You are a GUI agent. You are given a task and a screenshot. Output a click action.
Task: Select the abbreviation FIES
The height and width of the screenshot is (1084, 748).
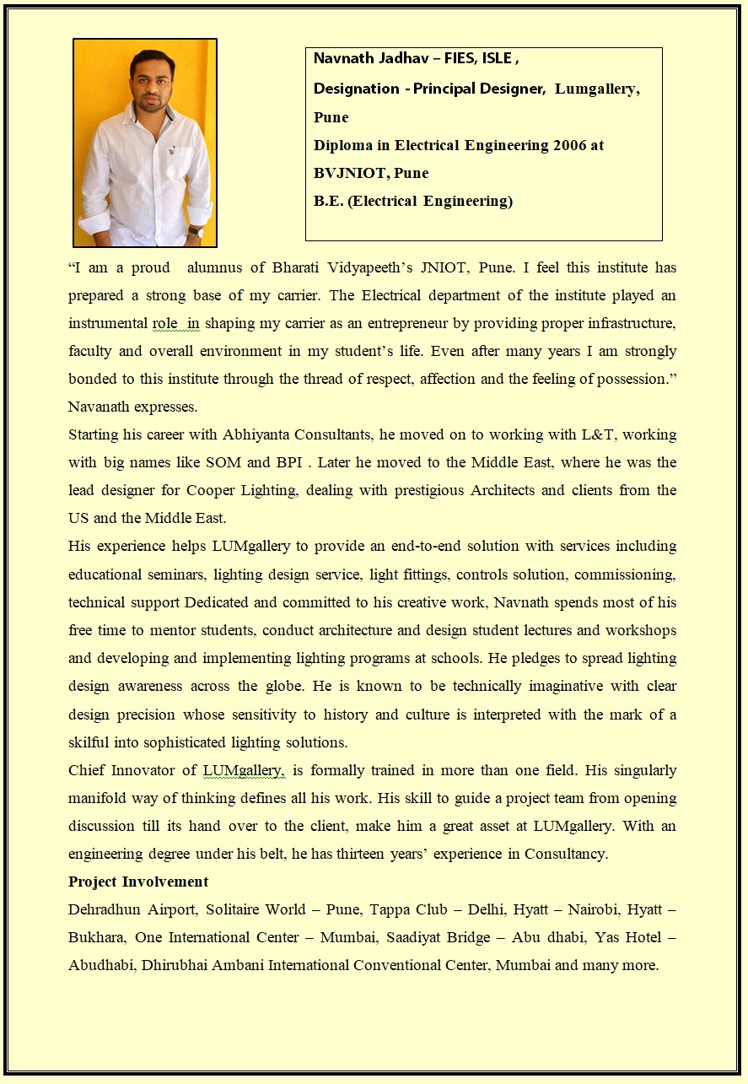463,58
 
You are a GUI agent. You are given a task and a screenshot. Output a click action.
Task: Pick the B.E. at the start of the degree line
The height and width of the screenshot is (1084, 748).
327,201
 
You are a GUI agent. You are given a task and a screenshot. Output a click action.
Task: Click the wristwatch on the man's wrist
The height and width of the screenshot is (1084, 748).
196,229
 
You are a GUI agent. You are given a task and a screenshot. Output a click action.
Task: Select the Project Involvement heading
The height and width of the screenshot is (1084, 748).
138,882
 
